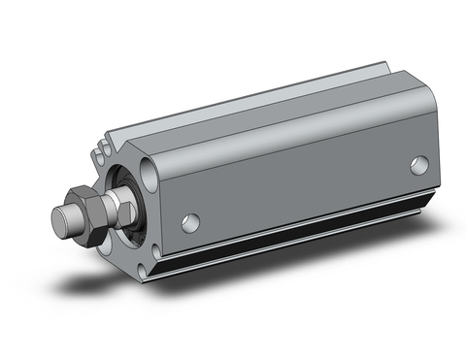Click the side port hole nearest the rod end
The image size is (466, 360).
pos(192,223)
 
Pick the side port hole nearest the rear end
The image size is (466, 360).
pos(418,165)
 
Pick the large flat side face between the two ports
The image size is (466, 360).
pos(301,189)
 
